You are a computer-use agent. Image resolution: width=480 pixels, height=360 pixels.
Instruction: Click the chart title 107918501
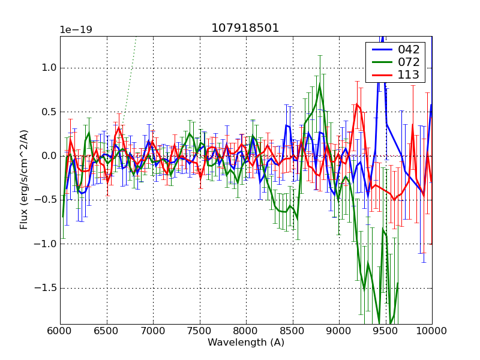tap(245, 28)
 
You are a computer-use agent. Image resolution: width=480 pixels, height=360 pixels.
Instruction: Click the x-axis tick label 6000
tap(60, 331)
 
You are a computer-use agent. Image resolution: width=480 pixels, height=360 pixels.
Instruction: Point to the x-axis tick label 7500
tap(199, 331)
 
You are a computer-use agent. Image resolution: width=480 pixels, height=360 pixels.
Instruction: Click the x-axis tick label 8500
tap(292, 331)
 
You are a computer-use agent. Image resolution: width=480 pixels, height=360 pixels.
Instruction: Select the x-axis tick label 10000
tap(431, 331)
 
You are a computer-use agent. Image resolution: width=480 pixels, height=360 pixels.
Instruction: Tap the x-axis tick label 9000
tap(338, 331)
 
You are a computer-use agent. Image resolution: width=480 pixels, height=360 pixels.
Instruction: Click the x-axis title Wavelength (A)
tap(246, 343)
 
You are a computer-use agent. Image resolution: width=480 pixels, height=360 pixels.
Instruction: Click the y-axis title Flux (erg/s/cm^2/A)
tap(24, 179)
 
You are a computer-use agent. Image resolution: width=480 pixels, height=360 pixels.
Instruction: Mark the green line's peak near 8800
tap(320, 85)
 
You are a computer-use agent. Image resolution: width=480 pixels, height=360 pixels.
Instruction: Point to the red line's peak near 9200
tap(357, 104)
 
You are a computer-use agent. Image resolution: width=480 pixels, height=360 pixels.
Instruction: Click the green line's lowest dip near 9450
tap(379, 323)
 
